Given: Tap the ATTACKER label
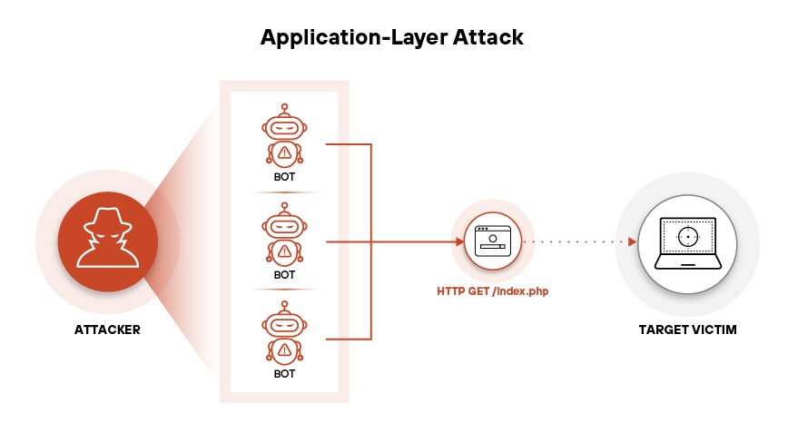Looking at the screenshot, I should coord(107,330).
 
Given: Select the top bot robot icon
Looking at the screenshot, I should coord(284,135).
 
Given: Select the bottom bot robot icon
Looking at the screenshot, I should coord(284,333).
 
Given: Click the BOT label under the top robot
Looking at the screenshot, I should coord(284,177).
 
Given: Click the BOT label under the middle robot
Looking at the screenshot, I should coord(284,274).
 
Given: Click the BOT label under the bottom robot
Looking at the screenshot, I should coord(284,373).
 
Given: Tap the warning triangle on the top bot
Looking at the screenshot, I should coord(285,152).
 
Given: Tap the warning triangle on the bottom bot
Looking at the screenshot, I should coord(285,349).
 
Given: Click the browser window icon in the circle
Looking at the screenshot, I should coord(493,241).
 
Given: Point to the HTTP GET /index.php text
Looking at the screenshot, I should coord(493,291).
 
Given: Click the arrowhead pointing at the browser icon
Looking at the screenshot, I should coord(459,241).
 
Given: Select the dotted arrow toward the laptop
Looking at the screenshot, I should coord(581,241).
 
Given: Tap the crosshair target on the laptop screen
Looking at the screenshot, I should coord(688,237).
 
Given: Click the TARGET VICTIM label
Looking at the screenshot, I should coord(687,330).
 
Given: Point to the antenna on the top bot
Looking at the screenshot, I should coord(284,108).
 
